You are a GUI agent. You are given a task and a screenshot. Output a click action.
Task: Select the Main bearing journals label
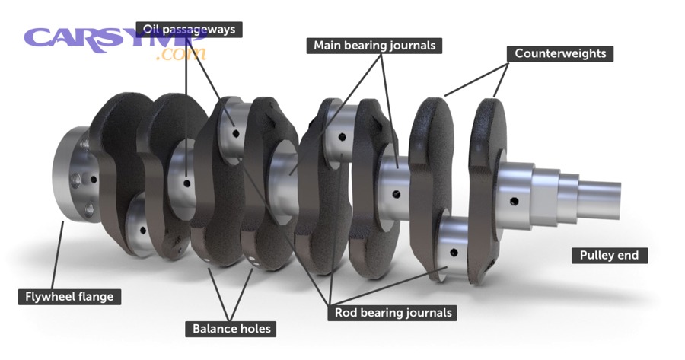(x=374, y=46)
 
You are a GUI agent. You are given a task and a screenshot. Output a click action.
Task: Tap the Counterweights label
(x=560, y=54)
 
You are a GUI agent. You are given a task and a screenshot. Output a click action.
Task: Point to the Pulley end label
(x=609, y=256)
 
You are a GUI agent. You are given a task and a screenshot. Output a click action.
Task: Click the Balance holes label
(x=231, y=329)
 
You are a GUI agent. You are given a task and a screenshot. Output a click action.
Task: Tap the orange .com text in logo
(x=182, y=54)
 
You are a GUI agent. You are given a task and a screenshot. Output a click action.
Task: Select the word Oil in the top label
(x=151, y=30)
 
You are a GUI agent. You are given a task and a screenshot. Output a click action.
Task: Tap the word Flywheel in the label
(x=52, y=296)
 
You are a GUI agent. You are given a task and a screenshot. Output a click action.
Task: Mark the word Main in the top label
(x=328, y=46)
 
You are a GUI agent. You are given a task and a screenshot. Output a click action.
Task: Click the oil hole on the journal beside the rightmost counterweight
(x=515, y=202)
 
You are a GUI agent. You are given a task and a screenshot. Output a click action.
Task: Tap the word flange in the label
(x=99, y=296)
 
